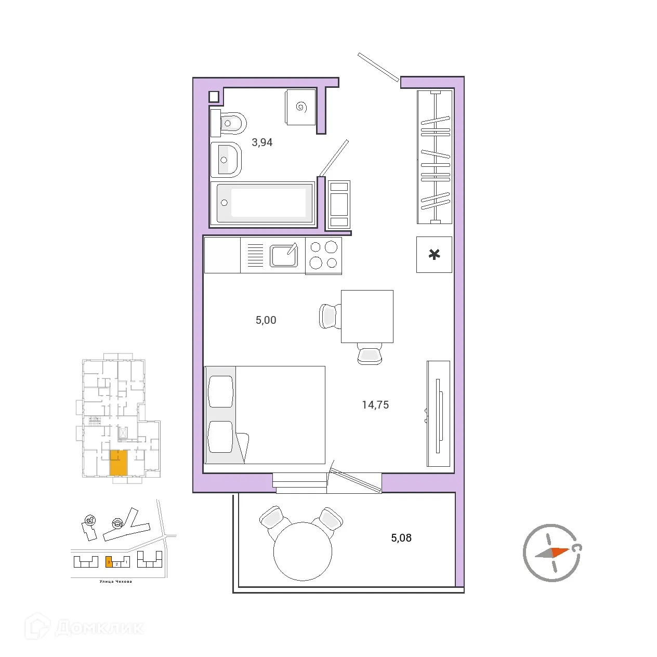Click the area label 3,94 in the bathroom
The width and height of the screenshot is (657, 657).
[262, 142]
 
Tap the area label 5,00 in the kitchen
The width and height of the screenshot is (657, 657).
[266, 320]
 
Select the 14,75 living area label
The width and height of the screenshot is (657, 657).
[375, 405]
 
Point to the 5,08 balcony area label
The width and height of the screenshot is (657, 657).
[401, 538]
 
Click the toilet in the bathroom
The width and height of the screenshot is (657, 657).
[229, 124]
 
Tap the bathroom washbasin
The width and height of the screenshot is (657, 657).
[226, 160]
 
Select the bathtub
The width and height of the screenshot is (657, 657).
[264, 203]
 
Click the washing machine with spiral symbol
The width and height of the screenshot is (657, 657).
[300, 107]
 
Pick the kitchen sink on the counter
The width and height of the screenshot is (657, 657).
[284, 255]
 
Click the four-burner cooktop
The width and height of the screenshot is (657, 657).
[323, 255]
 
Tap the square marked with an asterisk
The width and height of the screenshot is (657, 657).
[434, 255]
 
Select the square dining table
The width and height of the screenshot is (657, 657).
[367, 316]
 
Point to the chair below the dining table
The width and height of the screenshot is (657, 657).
[370, 355]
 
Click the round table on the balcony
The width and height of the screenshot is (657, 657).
[303, 551]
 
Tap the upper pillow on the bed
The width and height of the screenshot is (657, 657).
[220, 391]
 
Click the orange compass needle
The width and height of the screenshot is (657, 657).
[559, 551]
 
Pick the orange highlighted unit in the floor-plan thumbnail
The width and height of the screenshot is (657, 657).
[119, 463]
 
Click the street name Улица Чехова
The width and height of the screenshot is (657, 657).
[115, 582]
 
